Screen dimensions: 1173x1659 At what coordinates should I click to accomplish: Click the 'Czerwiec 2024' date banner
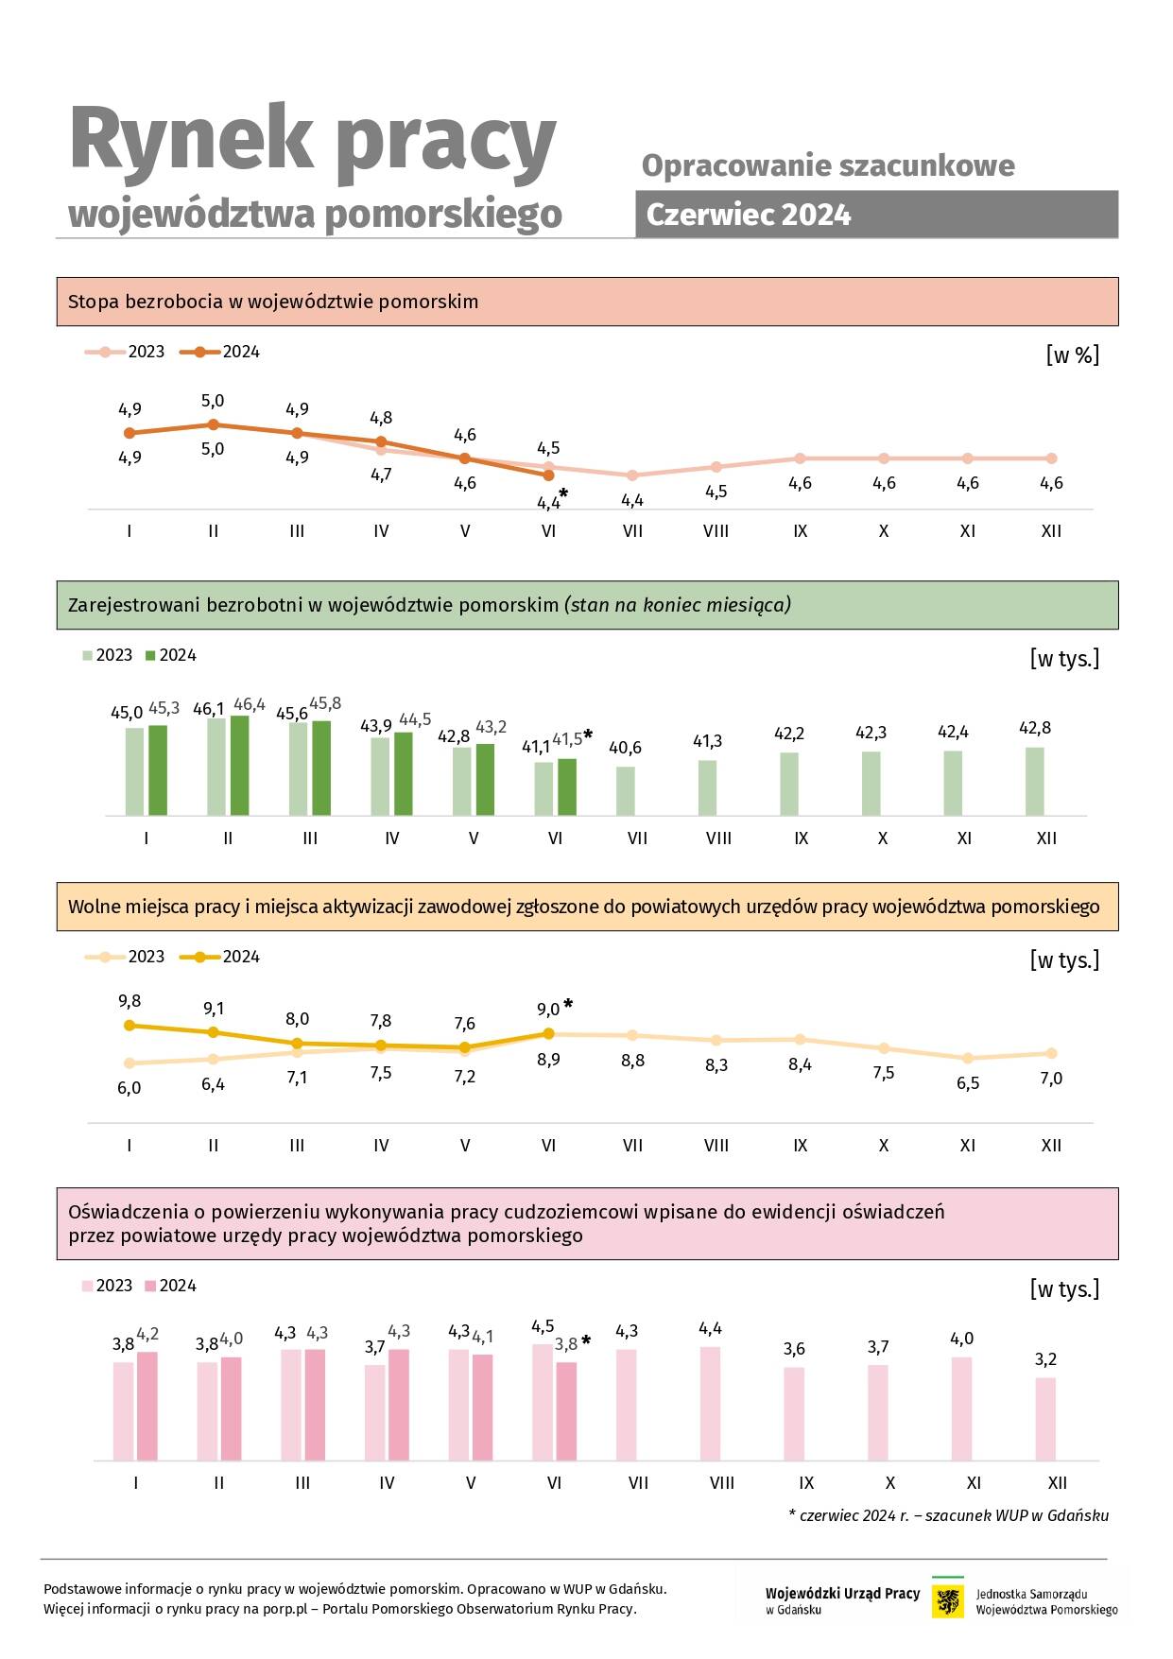pyautogui.click(x=876, y=215)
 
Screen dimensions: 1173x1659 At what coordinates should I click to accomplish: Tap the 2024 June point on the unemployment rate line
pyautogui.click(x=549, y=475)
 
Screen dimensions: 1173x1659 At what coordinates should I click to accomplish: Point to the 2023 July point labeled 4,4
pyautogui.click(x=632, y=475)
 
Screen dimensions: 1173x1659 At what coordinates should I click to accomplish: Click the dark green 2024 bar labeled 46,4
pyautogui.click(x=239, y=765)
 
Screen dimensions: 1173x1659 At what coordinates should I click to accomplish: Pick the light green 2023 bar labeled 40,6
pyautogui.click(x=626, y=790)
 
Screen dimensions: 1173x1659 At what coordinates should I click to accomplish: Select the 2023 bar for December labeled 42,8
pyautogui.click(x=1035, y=781)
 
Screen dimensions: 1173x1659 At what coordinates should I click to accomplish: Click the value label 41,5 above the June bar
pyautogui.click(x=567, y=739)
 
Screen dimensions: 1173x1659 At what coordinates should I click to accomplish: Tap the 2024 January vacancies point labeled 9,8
pyautogui.click(x=129, y=1025)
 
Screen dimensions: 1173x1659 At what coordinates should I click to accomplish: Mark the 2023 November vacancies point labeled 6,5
pyautogui.click(x=968, y=1058)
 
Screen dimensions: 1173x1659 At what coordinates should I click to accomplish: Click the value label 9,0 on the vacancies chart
pyautogui.click(x=548, y=1010)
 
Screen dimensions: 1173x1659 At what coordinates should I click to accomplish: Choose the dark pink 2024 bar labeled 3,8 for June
pyautogui.click(x=566, y=1411)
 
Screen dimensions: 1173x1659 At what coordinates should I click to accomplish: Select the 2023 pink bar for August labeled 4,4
pyautogui.click(x=711, y=1404)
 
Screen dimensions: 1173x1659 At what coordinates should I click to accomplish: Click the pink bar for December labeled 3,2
pyautogui.click(x=1045, y=1419)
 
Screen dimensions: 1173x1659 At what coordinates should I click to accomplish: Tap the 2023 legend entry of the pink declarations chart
pyautogui.click(x=107, y=1286)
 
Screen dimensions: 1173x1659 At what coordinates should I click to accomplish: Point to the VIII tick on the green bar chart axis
pyautogui.click(x=718, y=838)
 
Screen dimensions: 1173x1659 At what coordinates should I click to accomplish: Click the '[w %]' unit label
pyautogui.click(x=1073, y=354)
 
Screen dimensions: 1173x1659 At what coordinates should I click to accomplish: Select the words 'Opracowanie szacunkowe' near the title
pyautogui.click(x=828, y=165)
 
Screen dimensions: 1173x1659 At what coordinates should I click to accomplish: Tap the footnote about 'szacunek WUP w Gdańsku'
pyautogui.click(x=948, y=1515)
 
